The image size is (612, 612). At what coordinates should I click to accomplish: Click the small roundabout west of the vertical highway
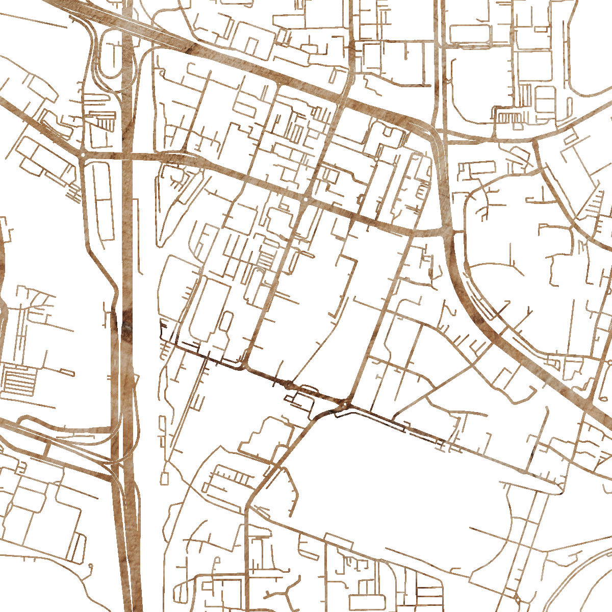(x=83, y=154)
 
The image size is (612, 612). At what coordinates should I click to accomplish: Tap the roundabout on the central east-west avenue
(x=304, y=199)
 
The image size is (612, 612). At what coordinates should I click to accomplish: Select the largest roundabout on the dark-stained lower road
(x=346, y=404)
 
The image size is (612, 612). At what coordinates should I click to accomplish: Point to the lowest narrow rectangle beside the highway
(x=164, y=478)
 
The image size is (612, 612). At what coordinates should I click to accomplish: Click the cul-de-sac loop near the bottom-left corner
(x=90, y=566)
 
